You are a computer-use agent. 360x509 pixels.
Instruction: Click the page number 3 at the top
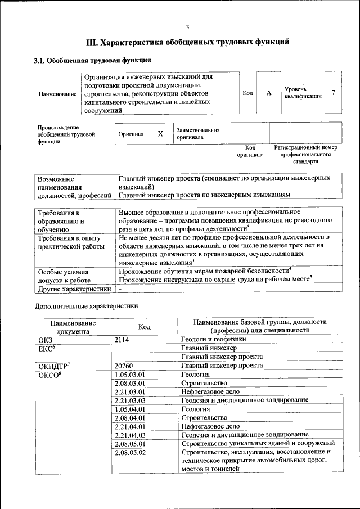[187, 26]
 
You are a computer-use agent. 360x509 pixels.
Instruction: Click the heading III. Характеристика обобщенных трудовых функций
[187, 42]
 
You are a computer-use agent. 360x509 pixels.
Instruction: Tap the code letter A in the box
[269, 92]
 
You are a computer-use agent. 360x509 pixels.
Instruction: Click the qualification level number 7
[334, 92]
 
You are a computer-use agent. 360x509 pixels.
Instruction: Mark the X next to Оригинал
[160, 134]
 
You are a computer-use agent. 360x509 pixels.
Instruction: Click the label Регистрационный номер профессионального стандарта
[305, 154]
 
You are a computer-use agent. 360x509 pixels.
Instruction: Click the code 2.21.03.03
[129, 399]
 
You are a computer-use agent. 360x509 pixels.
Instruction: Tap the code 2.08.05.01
[129, 443]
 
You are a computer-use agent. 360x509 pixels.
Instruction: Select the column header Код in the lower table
[145, 327]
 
